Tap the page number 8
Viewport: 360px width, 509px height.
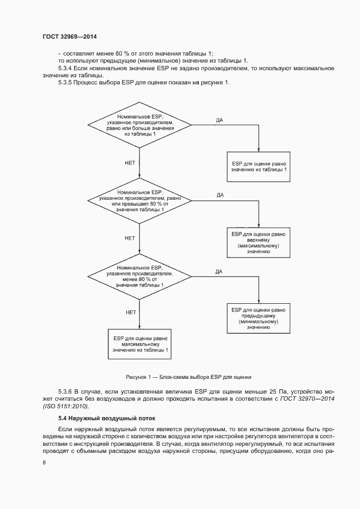[x=44, y=463]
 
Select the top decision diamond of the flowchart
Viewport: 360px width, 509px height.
[x=140, y=125]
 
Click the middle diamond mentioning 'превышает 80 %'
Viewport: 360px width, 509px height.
[x=140, y=201]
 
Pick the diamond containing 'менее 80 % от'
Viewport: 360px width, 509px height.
[x=140, y=276]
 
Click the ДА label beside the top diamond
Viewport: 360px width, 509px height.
[x=219, y=119]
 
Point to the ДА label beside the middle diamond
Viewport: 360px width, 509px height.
[x=220, y=194]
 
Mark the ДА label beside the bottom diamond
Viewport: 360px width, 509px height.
[x=219, y=271]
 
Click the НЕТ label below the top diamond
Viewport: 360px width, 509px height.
[x=130, y=162]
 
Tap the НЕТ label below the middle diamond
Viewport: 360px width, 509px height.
[x=130, y=238]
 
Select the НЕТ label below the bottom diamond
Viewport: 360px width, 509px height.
[x=130, y=312]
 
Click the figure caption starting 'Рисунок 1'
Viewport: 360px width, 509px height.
[x=188, y=377]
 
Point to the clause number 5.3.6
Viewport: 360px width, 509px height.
[x=65, y=391]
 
